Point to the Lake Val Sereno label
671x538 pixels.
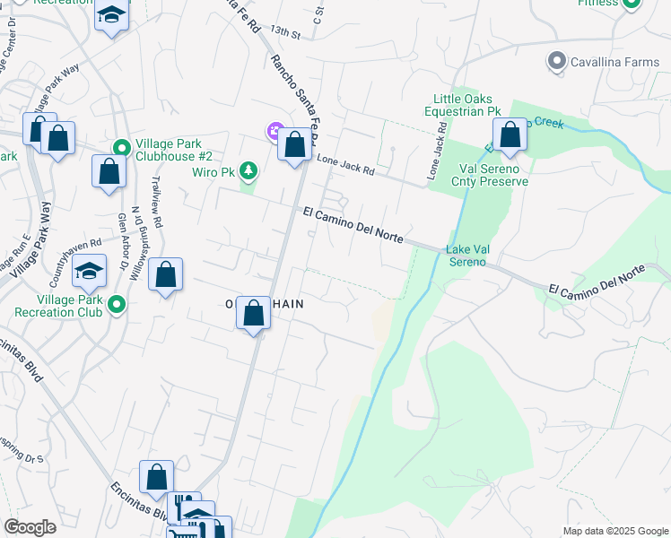click(466, 256)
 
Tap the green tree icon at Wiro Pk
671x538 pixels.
click(249, 170)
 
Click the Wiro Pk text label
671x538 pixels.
click(213, 170)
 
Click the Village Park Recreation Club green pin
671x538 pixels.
click(115, 306)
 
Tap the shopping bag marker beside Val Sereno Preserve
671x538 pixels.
click(510, 136)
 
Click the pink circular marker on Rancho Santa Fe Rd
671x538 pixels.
click(274, 131)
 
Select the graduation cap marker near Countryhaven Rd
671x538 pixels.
click(90, 272)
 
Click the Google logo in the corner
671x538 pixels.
click(30, 527)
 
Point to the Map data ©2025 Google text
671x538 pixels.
click(614, 531)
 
